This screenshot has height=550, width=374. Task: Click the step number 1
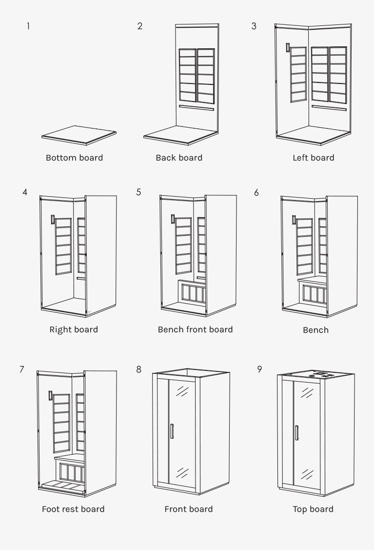point(28,26)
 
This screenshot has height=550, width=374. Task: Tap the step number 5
point(139,192)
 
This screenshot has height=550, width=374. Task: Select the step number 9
point(259,369)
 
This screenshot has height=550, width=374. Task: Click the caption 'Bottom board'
point(74,158)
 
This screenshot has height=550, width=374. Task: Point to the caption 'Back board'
point(179,158)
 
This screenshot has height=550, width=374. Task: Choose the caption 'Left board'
point(313,158)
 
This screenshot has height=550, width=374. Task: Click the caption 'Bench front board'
point(195,329)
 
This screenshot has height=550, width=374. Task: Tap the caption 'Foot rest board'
point(73,509)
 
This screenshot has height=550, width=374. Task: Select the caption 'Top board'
point(313,509)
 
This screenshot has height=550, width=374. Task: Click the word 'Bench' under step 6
point(315,330)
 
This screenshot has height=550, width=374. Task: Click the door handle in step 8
point(172,431)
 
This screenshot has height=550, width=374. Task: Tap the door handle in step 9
point(296,433)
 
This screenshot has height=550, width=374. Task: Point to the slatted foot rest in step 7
point(62,485)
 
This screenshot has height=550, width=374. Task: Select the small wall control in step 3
point(288,47)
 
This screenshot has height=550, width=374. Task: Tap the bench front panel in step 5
point(191,293)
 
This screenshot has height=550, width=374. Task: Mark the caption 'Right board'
point(74,329)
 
